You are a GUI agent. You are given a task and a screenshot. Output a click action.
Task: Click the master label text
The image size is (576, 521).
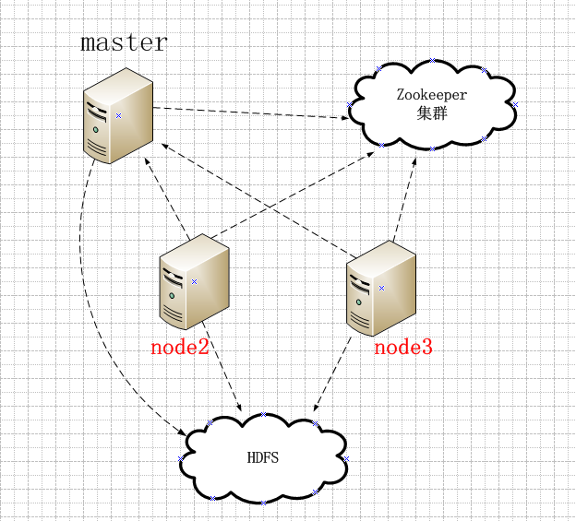click(125, 42)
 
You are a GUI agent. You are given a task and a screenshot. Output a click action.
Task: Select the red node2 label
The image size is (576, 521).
click(180, 347)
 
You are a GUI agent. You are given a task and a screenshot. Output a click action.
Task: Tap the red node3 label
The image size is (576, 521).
click(403, 347)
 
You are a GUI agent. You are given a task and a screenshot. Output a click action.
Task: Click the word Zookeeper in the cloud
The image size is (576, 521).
click(432, 95)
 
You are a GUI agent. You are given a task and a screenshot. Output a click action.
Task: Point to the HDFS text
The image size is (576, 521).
click(263, 458)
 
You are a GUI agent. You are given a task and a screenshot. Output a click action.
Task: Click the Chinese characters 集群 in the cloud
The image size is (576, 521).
click(432, 113)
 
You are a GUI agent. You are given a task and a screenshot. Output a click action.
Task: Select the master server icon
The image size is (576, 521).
click(118, 115)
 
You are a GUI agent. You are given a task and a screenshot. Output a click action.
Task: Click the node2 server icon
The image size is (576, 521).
click(195, 282)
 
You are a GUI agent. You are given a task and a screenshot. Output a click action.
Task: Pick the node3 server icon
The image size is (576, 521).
click(381, 289)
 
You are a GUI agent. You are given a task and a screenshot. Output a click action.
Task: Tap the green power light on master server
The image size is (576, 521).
click(96, 129)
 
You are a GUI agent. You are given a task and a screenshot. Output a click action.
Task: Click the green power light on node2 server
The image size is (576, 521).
click(172, 295)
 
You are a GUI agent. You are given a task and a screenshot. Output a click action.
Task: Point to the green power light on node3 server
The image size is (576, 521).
click(359, 302)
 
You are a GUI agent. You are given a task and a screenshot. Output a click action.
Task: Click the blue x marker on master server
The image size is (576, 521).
click(118, 115)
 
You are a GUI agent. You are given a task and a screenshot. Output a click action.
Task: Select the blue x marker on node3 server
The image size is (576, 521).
click(381, 289)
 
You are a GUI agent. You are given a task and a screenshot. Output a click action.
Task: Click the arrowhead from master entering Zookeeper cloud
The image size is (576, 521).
click(345, 118)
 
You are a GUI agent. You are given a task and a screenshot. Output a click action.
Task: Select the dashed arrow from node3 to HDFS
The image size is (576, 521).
click(331, 374)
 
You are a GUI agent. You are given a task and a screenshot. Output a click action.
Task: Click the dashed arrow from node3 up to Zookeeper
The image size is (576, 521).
click(405, 199)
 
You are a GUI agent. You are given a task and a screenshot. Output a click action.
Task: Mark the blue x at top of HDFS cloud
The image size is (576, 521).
click(263, 415)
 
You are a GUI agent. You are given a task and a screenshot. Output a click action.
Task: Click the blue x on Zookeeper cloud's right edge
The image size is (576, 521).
click(515, 104)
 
